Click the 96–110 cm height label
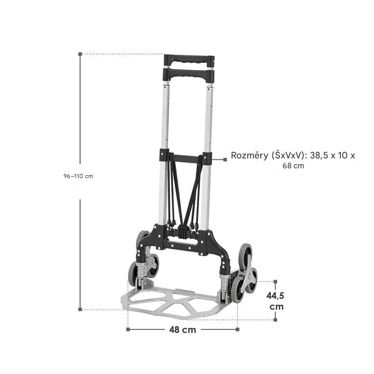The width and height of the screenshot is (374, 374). (78, 176)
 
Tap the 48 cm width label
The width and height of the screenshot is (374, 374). (182, 330)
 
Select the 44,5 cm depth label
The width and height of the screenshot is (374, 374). (275, 301)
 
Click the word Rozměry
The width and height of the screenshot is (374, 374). (249, 155)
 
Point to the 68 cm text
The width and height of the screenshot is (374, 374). (293, 166)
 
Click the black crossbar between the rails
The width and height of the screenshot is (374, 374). (186, 157)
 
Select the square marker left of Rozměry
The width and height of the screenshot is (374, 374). (225, 159)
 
